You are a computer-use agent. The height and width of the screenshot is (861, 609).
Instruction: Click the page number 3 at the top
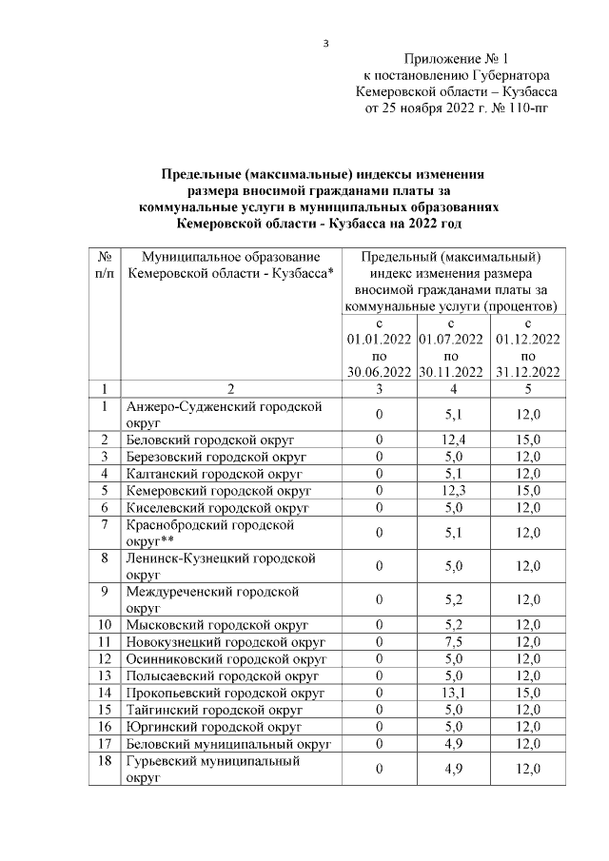pyautogui.click(x=325, y=43)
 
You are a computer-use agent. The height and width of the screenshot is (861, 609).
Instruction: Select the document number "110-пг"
pyautogui.click(x=526, y=108)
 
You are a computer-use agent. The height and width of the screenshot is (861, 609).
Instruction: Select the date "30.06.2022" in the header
pyautogui.click(x=379, y=372)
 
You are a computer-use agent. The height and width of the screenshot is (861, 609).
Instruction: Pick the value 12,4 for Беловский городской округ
pyautogui.click(x=453, y=439)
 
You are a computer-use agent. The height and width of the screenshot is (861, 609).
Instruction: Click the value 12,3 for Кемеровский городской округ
pyautogui.click(x=453, y=490)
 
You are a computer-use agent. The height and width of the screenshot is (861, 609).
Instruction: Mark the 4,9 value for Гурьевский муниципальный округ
pyautogui.click(x=453, y=768)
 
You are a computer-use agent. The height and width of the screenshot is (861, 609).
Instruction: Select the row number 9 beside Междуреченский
pyautogui.click(x=106, y=591)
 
